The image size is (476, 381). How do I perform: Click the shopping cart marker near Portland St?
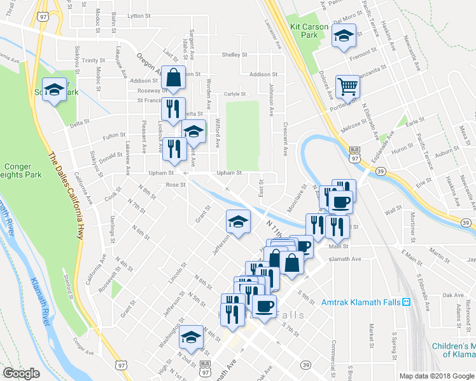coord(347,86)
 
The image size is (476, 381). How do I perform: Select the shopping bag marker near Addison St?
coord(174,78)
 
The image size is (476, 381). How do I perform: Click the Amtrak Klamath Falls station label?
coord(361,302)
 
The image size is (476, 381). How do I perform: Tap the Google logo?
coord(21,374)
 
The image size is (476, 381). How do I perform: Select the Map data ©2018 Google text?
coord(436,376)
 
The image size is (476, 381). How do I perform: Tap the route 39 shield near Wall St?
coord(466,222)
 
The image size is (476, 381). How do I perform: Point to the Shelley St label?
coord(234,55)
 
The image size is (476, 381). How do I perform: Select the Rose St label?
coord(174,185)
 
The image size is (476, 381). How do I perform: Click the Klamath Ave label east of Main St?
coord(347,259)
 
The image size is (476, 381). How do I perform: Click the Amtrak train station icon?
coord(407,302)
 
